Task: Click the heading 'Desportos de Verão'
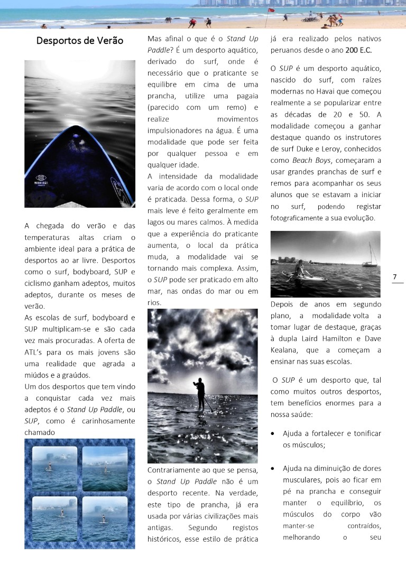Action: pyautogui.click(x=80, y=41)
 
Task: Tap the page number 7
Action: pyautogui.click(x=395, y=276)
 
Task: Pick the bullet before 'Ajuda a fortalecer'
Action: pyautogui.click(x=272, y=433)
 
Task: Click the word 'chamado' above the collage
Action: pyautogui.click(x=40, y=432)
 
